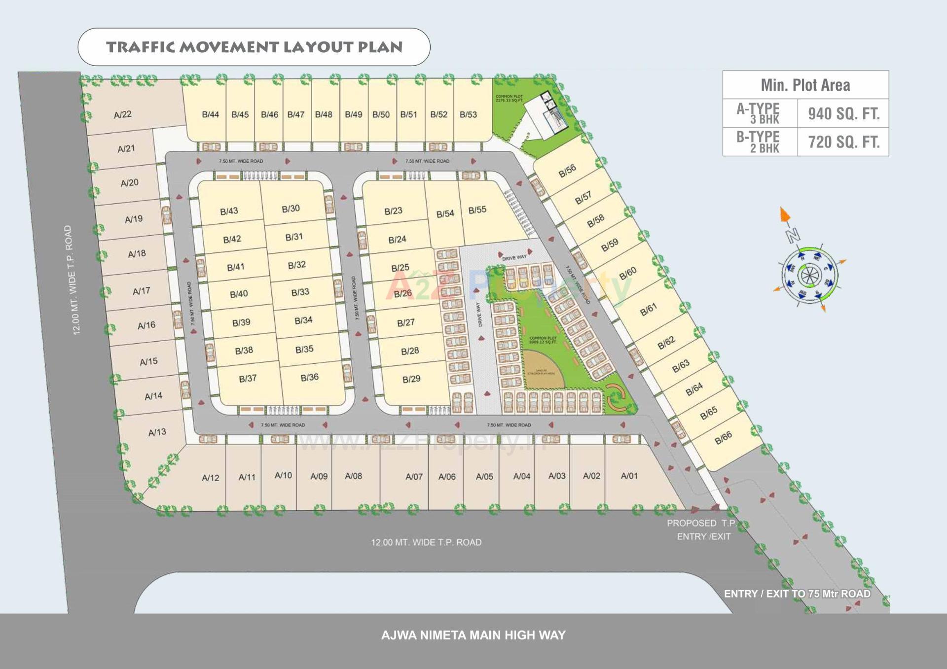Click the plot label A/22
tap(122, 115)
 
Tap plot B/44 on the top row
tap(210, 114)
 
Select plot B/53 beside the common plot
tap(468, 114)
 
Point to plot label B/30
tap(291, 209)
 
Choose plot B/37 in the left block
tap(248, 379)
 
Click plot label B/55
tap(477, 210)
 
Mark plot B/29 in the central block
tap(411, 379)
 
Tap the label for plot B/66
tap(723, 437)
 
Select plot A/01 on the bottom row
tap(629, 476)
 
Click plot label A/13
tap(157, 432)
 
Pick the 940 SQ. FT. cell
tap(843, 114)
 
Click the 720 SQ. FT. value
tap(843, 142)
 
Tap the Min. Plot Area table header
tap(805, 85)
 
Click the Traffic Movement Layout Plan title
tap(254, 47)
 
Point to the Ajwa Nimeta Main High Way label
tap(473, 635)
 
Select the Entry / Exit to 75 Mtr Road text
tap(797, 594)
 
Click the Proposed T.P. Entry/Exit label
tap(702, 529)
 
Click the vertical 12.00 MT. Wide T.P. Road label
tap(72, 280)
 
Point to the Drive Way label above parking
tap(514, 257)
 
